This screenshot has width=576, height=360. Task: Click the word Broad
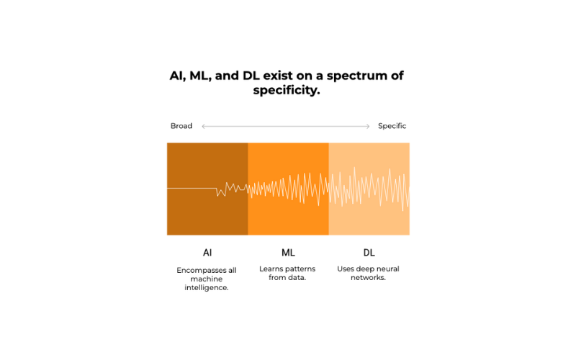point(181,126)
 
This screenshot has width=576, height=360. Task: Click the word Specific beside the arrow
point(392,126)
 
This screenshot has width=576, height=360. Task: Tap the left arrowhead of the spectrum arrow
point(203,127)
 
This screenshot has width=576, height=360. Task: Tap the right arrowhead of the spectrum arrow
point(368,127)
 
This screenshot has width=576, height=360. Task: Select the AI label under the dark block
point(207,253)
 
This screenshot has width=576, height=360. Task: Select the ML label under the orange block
point(288,253)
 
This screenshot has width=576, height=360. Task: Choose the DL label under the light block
point(369,253)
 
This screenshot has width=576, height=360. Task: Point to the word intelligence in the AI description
point(207,287)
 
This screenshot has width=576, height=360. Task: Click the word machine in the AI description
point(207,279)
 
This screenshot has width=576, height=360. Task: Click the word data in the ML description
point(297,277)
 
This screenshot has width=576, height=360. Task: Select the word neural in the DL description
point(388,269)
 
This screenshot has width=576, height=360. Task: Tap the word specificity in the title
point(287,91)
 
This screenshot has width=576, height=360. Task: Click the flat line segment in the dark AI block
point(192,188)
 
